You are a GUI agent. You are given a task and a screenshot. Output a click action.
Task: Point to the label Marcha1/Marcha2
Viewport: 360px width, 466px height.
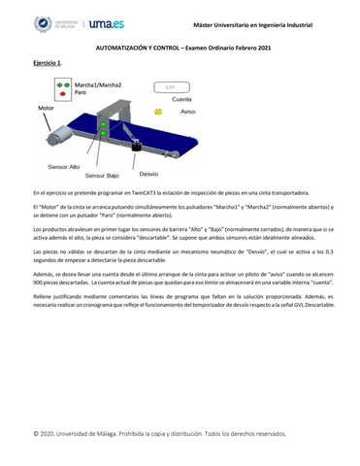[98, 84]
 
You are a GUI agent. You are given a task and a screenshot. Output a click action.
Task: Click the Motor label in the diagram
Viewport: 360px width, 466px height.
[47, 108]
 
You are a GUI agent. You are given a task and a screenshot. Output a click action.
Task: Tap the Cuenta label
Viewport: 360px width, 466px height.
[181, 99]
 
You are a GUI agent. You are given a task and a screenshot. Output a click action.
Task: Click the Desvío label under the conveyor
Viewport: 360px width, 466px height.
[148, 174]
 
